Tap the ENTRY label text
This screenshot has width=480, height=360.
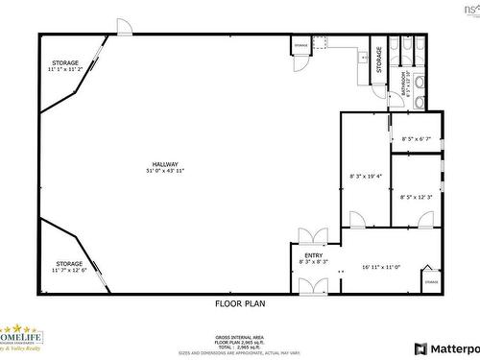tap(314, 255)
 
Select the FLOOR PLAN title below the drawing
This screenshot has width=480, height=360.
tap(239, 302)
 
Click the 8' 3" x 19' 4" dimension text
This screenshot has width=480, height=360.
tap(366, 176)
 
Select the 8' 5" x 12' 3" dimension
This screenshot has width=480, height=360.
tap(417, 196)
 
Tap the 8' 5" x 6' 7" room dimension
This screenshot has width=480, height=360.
tap(417, 138)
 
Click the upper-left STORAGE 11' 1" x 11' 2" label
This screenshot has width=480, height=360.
tap(65, 66)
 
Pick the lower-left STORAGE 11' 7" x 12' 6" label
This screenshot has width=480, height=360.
tap(69, 266)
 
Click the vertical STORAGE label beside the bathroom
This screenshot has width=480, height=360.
tap(379, 60)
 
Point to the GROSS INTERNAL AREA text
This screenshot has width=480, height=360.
tap(239, 337)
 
